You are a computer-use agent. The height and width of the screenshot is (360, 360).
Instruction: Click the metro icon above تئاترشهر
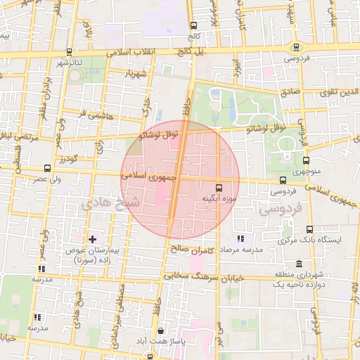(69, 52)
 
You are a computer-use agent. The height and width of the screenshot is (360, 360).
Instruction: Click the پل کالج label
(189, 52)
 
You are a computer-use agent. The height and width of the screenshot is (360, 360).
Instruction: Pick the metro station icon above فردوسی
(296, 48)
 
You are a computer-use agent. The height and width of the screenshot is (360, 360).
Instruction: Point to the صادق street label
(290, 91)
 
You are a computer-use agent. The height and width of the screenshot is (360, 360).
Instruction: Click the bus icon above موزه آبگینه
(219, 188)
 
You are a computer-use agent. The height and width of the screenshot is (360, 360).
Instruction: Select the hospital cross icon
(92, 239)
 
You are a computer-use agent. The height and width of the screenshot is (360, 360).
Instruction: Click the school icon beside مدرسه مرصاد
(241, 239)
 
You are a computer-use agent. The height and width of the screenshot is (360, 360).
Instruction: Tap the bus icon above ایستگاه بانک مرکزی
(310, 229)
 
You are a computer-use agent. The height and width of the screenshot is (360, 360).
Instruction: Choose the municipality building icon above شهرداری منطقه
(300, 264)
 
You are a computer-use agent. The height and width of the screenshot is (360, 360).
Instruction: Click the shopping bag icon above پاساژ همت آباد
(161, 330)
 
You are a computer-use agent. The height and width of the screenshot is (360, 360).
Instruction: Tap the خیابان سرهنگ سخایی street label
(216, 276)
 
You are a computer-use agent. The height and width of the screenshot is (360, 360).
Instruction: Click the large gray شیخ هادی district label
(111, 203)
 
